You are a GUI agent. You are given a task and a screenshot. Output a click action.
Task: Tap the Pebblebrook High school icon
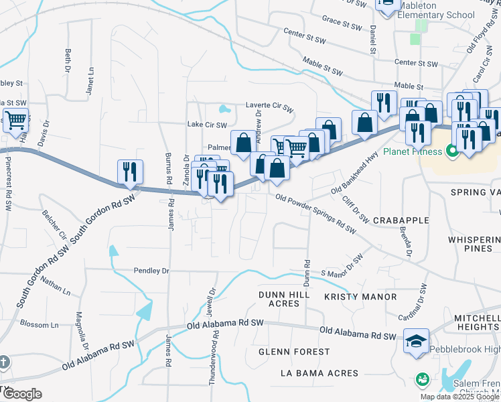tap(417, 340)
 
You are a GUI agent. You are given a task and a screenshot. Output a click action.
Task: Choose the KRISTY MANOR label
tap(360, 296)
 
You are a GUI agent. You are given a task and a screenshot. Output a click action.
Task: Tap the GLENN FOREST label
tap(295, 351)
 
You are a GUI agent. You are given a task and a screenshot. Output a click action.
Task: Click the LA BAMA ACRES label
tap(319, 373)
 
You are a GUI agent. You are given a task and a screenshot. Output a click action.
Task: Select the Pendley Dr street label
tap(151, 271)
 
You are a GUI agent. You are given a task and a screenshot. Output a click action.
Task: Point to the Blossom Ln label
tap(39, 325)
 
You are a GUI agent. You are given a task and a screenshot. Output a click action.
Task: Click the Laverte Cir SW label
tap(269, 106)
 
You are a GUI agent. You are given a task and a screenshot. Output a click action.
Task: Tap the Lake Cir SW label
tap(207, 125)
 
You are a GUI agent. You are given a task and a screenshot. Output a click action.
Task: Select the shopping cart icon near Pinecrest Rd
tap(16, 120)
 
